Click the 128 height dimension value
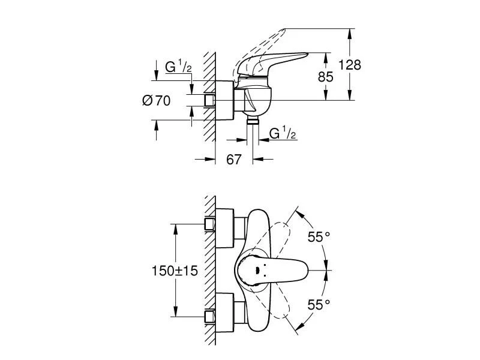[349, 65]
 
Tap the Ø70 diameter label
[156, 101]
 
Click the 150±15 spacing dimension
[173, 271]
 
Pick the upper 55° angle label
[319, 237]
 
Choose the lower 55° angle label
[319, 305]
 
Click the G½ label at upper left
[178, 68]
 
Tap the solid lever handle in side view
[276, 62]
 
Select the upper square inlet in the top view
[209, 224]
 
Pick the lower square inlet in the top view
[209, 315]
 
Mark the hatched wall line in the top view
[209, 270]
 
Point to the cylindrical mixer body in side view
[255, 99]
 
